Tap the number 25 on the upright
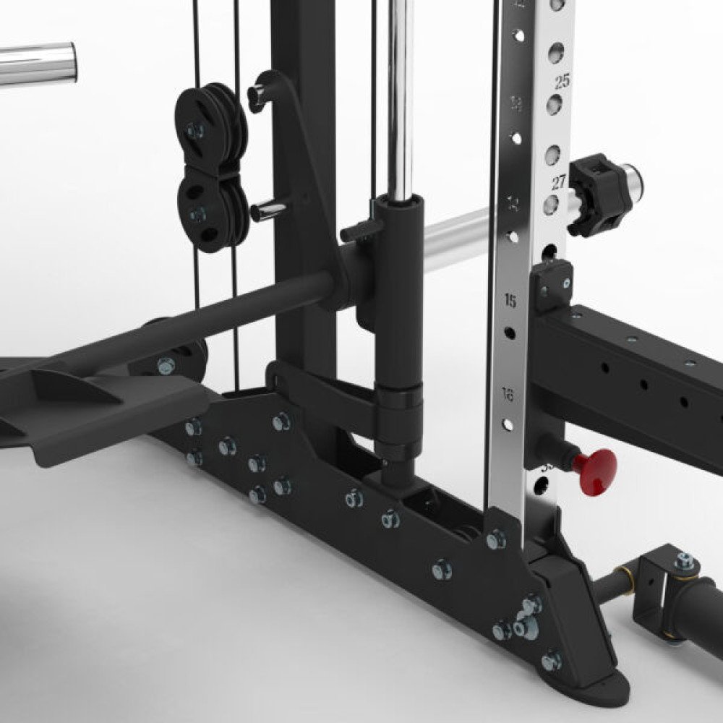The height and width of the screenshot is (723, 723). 562,81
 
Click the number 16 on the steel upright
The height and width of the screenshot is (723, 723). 508,395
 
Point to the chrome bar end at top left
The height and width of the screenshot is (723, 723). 40,63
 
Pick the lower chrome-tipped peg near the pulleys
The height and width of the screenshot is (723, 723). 268,210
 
